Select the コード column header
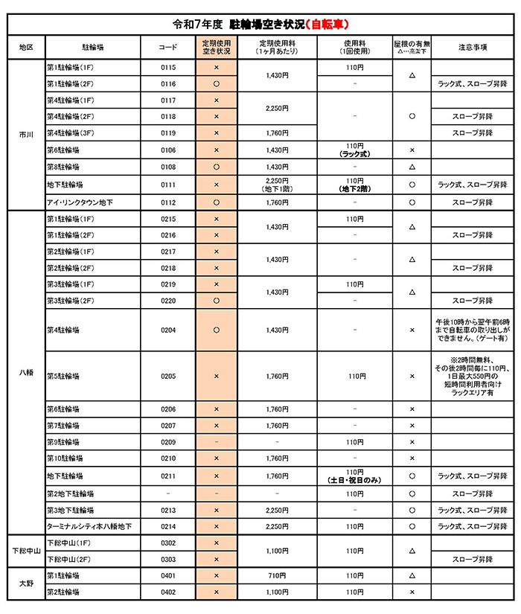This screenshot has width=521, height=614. (x=168, y=47)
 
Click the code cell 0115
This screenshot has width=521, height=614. (x=168, y=68)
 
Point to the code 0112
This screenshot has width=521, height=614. (x=168, y=202)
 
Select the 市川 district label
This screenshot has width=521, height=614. (x=25, y=135)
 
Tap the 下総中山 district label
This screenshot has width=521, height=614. (x=25, y=551)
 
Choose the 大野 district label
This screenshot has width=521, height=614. (x=25, y=583)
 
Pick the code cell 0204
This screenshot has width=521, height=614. (x=168, y=330)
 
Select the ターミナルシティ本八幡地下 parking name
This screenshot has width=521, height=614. (x=89, y=526)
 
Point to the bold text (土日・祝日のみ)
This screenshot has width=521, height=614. (x=355, y=481)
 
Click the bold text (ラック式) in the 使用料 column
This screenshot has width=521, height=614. (x=355, y=154)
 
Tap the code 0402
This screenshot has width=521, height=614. (x=168, y=592)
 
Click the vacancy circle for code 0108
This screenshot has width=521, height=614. (x=217, y=167)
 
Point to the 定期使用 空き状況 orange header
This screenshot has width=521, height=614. (x=217, y=47)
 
